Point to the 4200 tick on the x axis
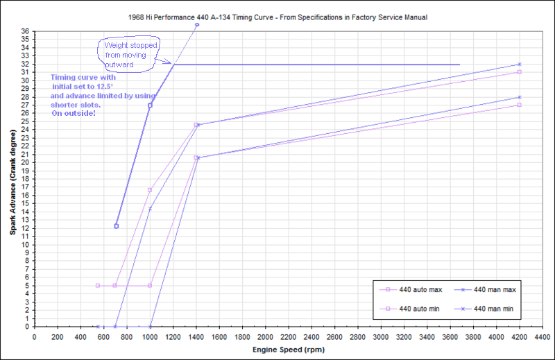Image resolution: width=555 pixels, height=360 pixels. click(x=519, y=336)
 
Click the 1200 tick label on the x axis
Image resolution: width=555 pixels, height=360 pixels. click(x=173, y=336)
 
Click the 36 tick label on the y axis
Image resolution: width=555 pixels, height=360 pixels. click(x=25, y=31)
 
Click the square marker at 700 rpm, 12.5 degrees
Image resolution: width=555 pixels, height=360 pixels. click(x=116, y=226)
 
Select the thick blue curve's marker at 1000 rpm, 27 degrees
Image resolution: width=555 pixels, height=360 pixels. click(x=150, y=105)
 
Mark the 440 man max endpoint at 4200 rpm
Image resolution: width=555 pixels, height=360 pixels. click(x=519, y=65)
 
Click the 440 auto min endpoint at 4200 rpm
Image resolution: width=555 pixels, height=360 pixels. click(x=519, y=105)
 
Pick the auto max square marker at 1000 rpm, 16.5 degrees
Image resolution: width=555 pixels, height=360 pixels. click(x=150, y=190)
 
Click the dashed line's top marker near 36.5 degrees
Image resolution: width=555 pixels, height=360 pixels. click(x=196, y=25)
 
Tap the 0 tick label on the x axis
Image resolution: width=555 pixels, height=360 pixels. click(x=35, y=336)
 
